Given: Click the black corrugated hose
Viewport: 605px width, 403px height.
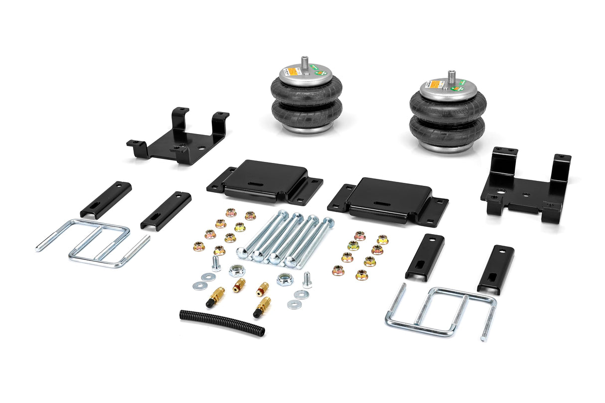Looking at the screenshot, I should coord(222,323).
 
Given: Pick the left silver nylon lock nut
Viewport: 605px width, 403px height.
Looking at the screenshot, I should coord(237,271).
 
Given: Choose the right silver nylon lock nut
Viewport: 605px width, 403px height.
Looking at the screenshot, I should coord(285,278).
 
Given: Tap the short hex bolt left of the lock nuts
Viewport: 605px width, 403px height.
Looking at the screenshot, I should coord(216,263).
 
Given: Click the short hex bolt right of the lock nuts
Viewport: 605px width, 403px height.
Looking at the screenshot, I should coord(306,280).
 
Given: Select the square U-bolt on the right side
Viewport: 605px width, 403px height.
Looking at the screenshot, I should coord(441,311).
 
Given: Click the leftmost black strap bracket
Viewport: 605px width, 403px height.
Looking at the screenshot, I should coord(106,199).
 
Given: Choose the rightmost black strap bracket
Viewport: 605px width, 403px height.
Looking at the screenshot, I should coord(496,269).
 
